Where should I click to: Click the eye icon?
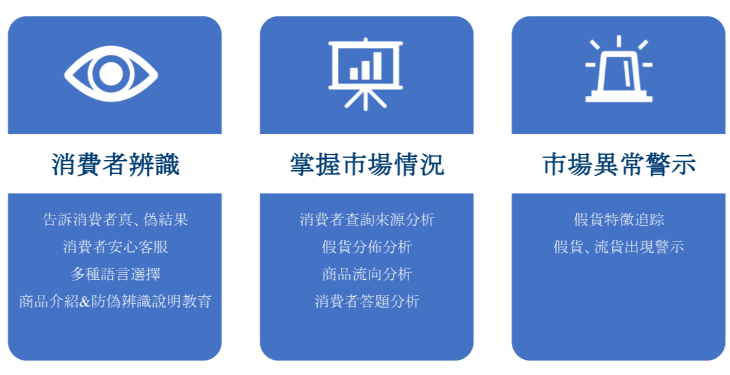point(111,74)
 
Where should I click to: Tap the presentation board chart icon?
point(366,74)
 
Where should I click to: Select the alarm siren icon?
point(618,69)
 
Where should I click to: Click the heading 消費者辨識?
point(115,164)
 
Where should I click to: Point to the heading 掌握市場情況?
point(367,164)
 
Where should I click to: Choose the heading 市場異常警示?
point(619,164)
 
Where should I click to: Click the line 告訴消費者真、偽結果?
point(115,219)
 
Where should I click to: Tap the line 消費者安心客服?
point(115,247)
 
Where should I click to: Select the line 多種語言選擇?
point(115,274)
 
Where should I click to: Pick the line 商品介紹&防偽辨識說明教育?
point(115,301)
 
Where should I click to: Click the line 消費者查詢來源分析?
point(368,219)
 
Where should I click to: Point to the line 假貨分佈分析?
point(368,247)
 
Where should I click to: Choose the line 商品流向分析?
point(368,274)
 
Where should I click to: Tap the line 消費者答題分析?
point(368,301)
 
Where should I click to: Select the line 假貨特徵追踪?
point(619,219)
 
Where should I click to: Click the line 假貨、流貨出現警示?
point(619,247)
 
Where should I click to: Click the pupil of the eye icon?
point(111,74)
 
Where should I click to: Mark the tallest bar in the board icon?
point(377,66)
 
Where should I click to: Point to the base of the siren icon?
point(618,99)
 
